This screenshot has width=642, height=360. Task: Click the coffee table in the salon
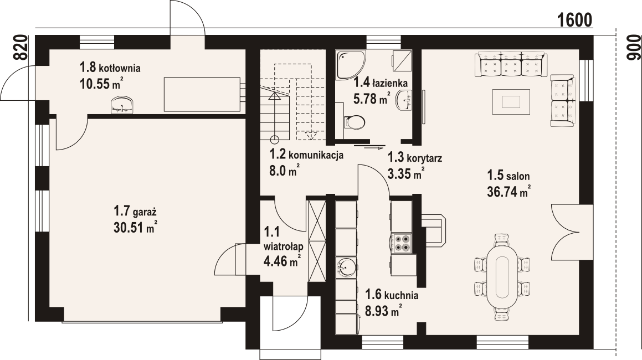tap(511, 101)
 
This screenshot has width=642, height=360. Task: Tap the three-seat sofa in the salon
tap(511, 64)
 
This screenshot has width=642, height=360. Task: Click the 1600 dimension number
tap(575, 19)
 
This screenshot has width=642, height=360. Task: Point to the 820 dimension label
tap(19, 48)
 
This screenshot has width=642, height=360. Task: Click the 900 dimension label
tap(633, 48)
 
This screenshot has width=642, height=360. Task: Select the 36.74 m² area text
tap(509, 192)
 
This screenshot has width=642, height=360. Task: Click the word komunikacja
tap(316, 155)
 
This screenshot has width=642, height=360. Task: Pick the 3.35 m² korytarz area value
tap(405, 173)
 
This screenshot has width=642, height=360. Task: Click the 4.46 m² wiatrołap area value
tap(283, 260)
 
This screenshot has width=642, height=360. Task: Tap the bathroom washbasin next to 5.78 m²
tap(404, 100)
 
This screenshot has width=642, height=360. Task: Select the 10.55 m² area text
tap(101, 84)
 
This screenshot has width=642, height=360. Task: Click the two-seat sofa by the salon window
tap(563, 101)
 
